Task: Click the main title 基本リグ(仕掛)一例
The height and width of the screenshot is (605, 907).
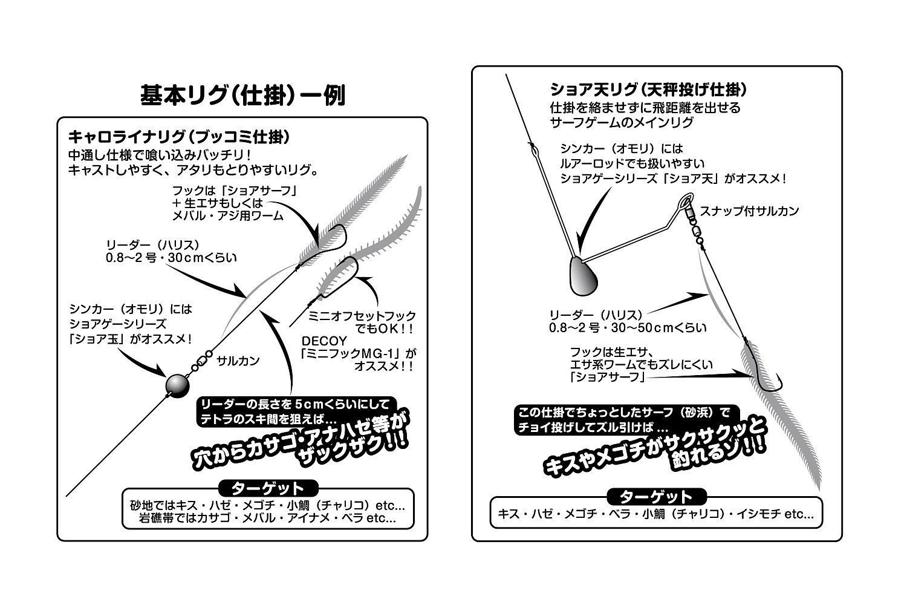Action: [242, 95]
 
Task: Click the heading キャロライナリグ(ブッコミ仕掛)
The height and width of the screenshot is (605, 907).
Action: [179, 136]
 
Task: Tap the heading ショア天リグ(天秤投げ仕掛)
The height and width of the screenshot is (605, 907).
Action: [648, 90]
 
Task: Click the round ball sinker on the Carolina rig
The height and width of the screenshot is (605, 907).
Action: [177, 384]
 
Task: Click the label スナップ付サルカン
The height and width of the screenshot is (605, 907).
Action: [749, 211]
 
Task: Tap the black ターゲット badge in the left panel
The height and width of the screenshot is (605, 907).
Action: [267, 488]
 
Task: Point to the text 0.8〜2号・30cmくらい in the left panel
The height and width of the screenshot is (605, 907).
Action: [171, 258]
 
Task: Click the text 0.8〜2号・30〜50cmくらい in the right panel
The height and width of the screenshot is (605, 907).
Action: [628, 328]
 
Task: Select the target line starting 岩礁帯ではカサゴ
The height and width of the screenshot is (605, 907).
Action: [267, 518]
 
